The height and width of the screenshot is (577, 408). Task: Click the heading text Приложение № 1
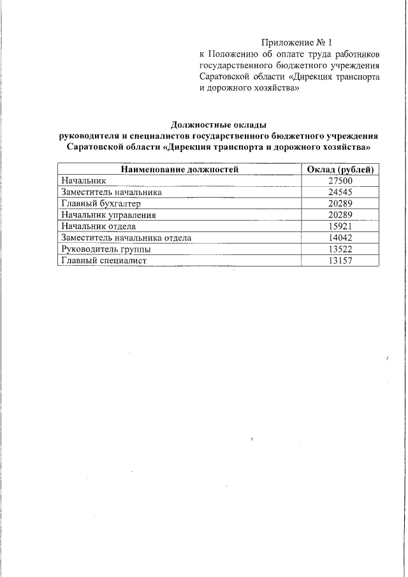click(x=297, y=41)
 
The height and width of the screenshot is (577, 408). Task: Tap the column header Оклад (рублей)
click(x=340, y=169)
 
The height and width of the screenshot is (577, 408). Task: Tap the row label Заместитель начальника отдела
click(x=126, y=238)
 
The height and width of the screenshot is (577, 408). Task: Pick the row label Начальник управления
click(x=108, y=215)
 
